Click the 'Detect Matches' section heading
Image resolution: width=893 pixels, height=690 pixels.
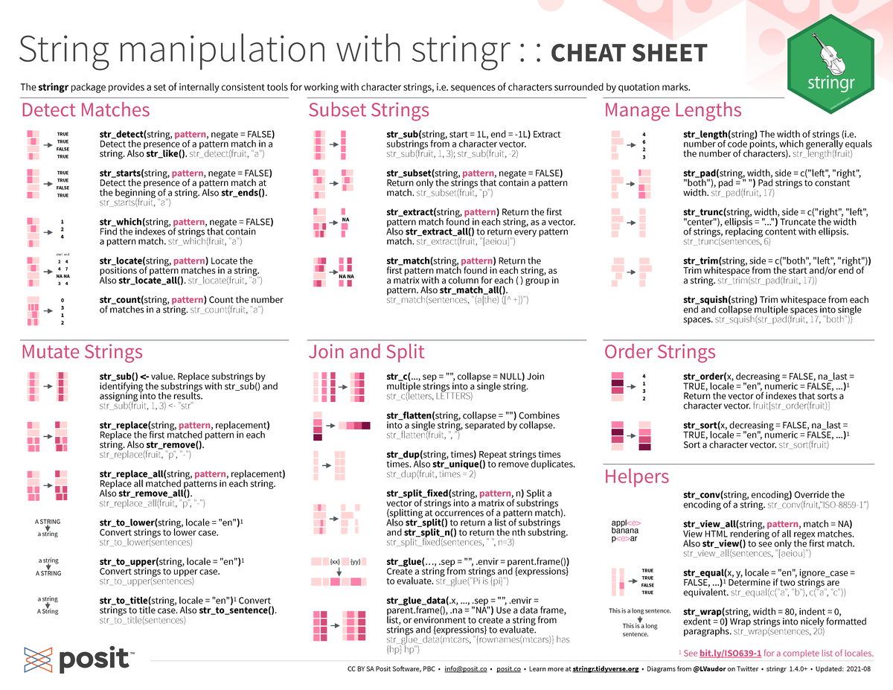click(86, 111)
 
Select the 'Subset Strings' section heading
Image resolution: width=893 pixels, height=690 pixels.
click(369, 111)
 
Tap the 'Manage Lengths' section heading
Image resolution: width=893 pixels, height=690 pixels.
click(673, 111)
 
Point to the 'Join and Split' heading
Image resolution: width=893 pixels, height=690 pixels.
click(367, 352)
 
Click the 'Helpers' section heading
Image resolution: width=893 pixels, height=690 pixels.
click(636, 476)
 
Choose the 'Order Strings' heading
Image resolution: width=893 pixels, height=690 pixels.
click(660, 352)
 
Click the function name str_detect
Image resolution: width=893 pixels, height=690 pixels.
click(122, 133)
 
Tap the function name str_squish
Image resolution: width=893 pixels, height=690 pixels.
click(709, 300)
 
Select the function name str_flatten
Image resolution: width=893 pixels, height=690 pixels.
click(410, 415)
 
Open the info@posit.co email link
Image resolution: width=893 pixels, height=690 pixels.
click(466, 669)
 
